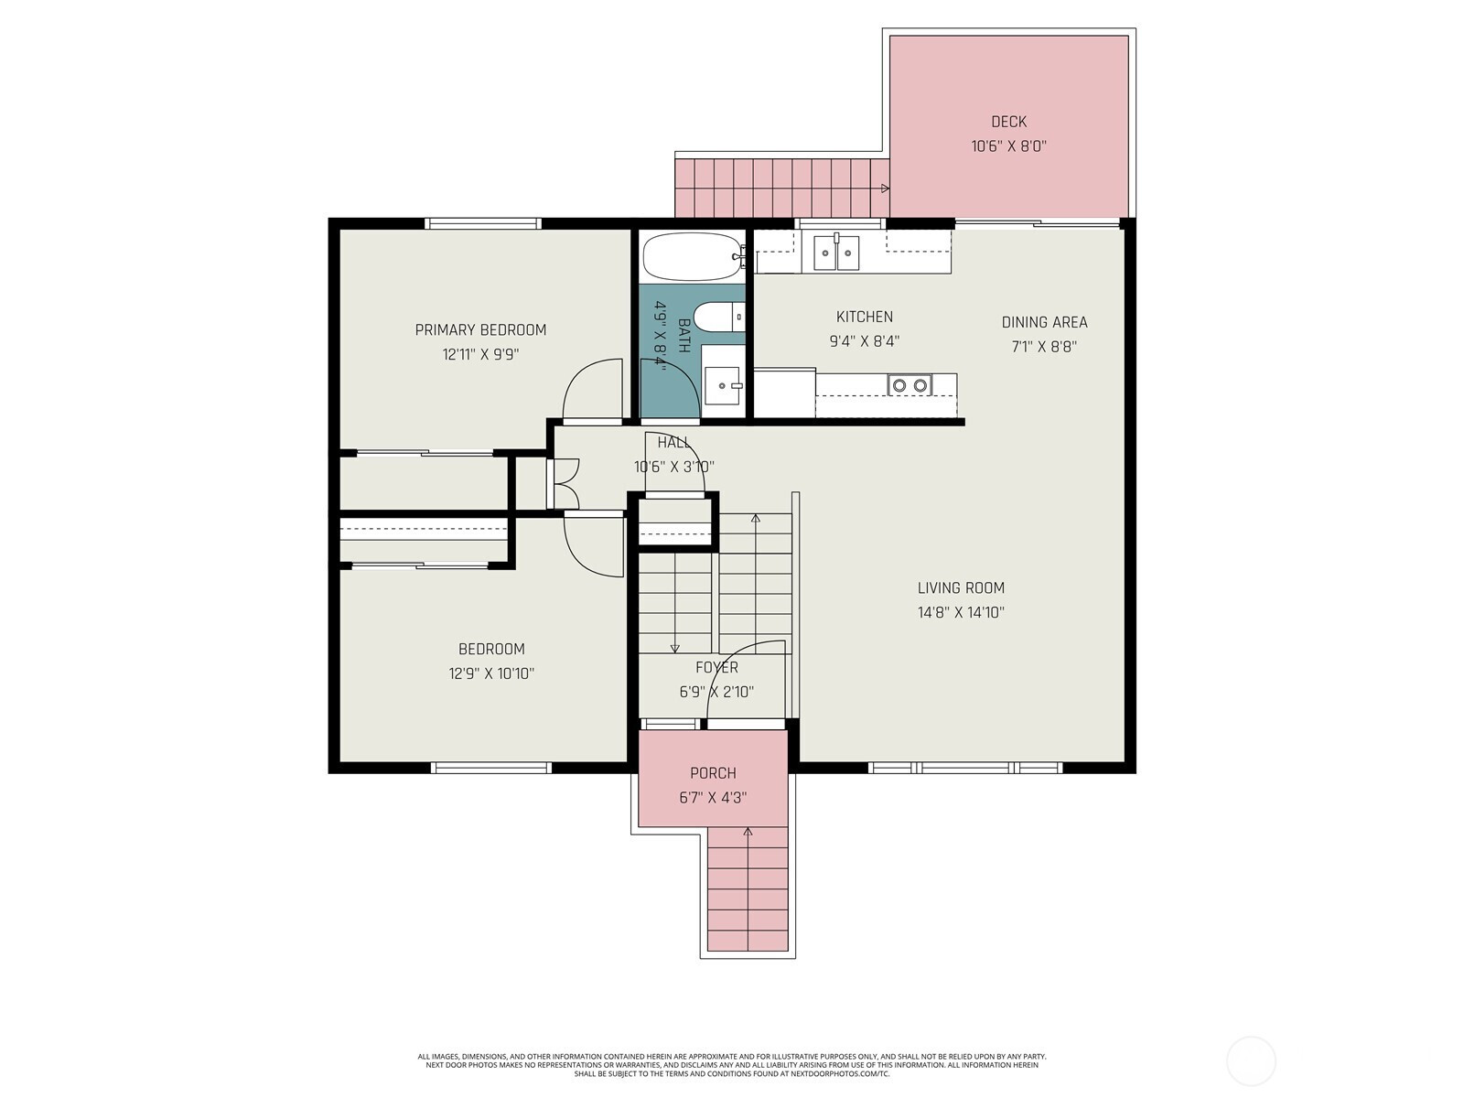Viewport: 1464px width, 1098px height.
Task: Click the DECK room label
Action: (x=1008, y=122)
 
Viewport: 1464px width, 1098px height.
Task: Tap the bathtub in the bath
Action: (x=693, y=257)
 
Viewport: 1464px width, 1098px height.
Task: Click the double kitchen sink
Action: (x=836, y=253)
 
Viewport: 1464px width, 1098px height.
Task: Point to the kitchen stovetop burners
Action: (x=910, y=384)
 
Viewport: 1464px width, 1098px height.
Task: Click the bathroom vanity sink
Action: (x=723, y=385)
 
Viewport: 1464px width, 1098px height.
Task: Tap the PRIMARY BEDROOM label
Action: (x=480, y=330)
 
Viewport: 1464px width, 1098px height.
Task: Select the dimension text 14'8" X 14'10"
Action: (x=961, y=612)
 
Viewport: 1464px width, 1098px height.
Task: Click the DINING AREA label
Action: (x=1045, y=323)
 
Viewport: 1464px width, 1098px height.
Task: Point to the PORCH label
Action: (x=713, y=773)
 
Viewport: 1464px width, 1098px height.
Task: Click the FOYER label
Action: (x=716, y=667)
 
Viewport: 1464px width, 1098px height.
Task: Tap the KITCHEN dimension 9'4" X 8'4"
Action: (x=865, y=341)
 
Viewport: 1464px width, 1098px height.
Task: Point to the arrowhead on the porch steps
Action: (x=748, y=832)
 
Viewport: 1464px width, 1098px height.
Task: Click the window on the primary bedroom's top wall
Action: (x=483, y=223)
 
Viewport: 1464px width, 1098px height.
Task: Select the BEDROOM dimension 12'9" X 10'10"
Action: (x=491, y=673)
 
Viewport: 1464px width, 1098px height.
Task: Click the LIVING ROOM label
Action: (x=961, y=588)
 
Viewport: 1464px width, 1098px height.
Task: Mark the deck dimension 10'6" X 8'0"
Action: (x=1008, y=146)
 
